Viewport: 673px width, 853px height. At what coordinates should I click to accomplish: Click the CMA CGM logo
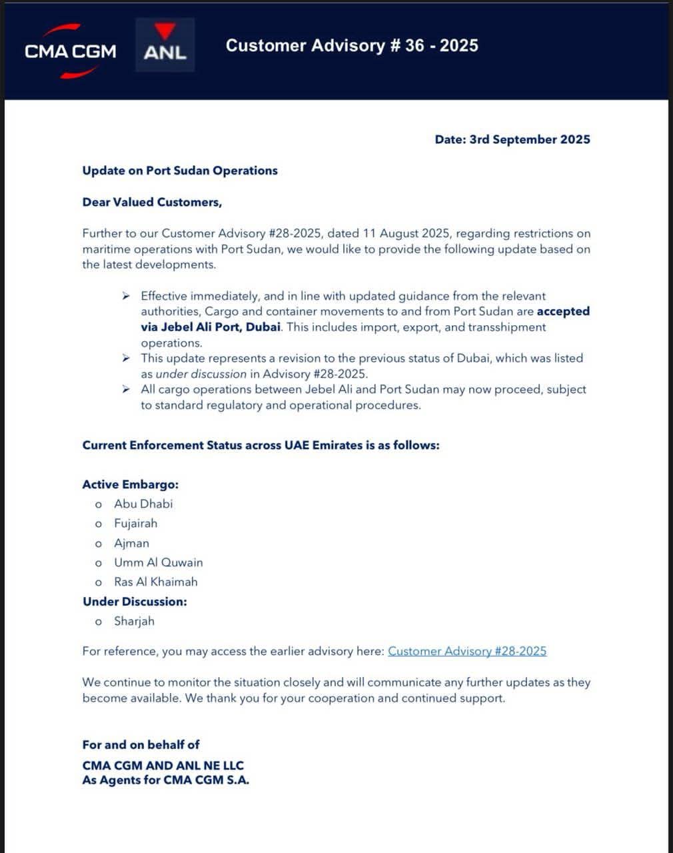point(70,51)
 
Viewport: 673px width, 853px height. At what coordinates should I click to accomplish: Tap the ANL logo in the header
point(165,45)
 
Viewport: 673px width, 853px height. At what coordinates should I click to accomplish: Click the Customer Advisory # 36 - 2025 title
point(352,45)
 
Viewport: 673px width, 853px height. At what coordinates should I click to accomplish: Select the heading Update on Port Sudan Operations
point(180,171)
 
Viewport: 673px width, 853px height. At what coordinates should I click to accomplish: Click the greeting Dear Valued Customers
point(152,202)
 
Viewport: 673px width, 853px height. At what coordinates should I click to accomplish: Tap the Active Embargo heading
point(131,484)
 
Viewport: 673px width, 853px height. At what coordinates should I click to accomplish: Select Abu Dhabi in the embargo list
point(143,504)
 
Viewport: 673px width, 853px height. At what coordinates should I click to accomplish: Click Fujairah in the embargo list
point(136,523)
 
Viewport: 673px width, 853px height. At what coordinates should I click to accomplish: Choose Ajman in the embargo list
point(131,543)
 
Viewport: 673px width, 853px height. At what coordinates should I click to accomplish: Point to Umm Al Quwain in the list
point(159,562)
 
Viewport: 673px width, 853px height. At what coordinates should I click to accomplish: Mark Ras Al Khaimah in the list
point(156,582)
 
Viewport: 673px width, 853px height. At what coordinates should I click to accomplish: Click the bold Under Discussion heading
point(135,602)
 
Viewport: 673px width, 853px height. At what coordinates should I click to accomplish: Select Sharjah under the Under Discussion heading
point(134,621)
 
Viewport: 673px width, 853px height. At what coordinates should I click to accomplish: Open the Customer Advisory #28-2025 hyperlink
point(467,651)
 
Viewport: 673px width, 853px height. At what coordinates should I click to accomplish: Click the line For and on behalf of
point(141,744)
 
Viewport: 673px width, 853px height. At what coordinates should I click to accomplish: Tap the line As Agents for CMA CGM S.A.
point(165,780)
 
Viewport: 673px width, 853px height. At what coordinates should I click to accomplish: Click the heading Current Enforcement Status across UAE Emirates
point(261,445)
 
